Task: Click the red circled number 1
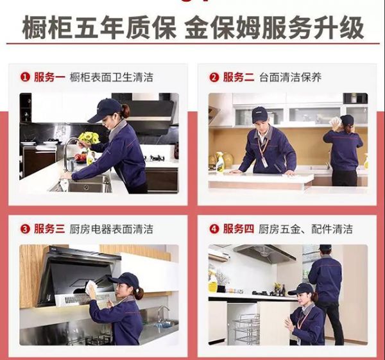(x=25, y=78)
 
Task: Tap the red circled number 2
(x=214, y=78)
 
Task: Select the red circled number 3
(x=25, y=229)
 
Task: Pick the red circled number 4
(x=214, y=229)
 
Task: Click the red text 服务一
(x=49, y=78)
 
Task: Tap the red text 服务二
(x=239, y=78)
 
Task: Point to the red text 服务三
(x=49, y=229)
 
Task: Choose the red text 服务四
(x=239, y=229)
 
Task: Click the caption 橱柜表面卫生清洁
(x=112, y=78)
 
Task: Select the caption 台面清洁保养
(x=290, y=78)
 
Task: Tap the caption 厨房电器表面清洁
(x=112, y=229)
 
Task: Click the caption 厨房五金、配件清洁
(x=305, y=229)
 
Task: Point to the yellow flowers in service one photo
(x=89, y=138)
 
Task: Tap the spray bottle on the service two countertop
(x=219, y=162)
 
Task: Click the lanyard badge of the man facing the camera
(x=265, y=162)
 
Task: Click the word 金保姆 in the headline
(x=223, y=27)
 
